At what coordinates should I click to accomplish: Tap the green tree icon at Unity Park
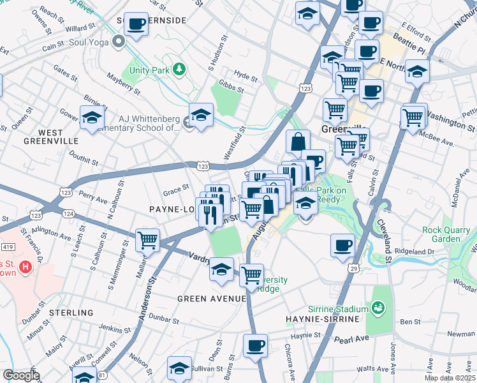click(x=180, y=69)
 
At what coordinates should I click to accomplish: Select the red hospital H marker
click(x=26, y=266)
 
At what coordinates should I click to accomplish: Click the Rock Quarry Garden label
click(x=448, y=234)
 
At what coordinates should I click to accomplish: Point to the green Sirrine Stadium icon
click(x=379, y=309)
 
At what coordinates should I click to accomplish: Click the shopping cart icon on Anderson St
click(x=147, y=241)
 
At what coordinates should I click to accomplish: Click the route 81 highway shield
click(x=103, y=377)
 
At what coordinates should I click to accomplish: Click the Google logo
click(x=21, y=375)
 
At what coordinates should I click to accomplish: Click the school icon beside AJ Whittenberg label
click(x=201, y=116)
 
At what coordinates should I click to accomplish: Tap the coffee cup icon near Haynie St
click(x=256, y=347)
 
